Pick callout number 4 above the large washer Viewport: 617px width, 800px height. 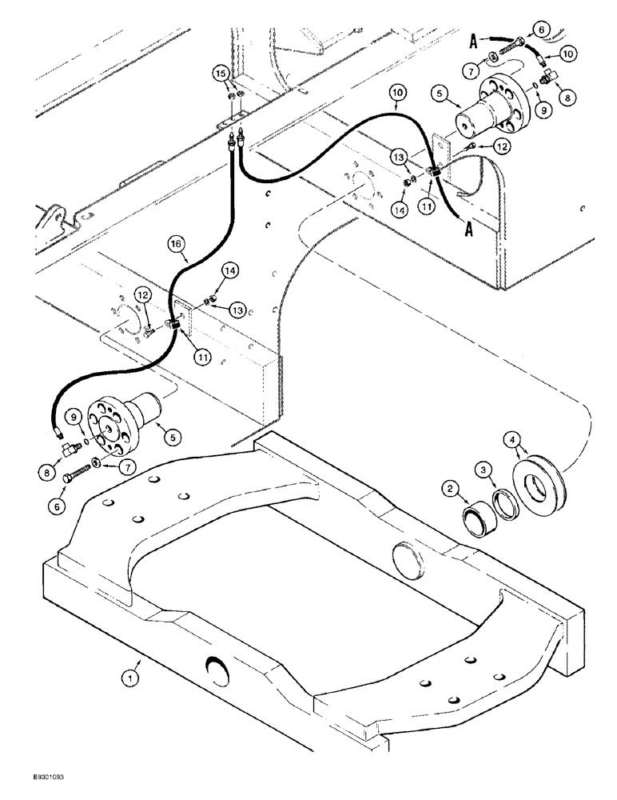(x=512, y=438)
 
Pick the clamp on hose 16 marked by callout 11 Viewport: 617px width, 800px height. (x=175, y=323)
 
